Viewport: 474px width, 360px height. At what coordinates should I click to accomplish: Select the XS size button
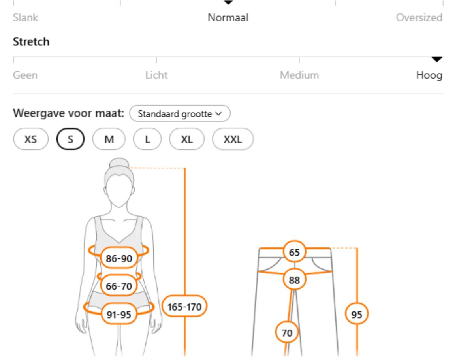31,139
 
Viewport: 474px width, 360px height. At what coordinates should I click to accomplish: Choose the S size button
70,139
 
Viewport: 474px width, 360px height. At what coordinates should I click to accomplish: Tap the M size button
109,139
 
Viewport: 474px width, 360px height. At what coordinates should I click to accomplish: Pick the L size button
147,139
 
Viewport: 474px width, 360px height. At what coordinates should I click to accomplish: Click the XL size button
187,139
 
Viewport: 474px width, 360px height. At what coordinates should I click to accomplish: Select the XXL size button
233,139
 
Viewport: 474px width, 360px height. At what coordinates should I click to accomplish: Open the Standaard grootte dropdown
180,113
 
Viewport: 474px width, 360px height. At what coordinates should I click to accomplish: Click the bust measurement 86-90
119,258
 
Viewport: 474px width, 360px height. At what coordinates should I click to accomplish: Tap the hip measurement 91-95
119,314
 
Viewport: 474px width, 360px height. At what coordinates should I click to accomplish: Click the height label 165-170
184,307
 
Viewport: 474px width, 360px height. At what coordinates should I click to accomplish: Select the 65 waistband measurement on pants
294,252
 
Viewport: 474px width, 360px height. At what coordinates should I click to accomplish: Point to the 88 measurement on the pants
294,280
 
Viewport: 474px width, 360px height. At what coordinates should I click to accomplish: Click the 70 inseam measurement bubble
287,333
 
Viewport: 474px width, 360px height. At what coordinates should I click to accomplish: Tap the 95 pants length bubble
357,314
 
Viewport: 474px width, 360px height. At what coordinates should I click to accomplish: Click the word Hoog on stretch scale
429,75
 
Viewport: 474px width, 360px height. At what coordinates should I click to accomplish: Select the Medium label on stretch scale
299,75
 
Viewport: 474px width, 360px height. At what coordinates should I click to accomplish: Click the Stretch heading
31,41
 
